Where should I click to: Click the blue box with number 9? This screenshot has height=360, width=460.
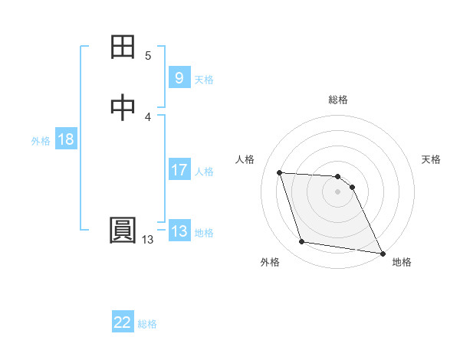click(179, 77)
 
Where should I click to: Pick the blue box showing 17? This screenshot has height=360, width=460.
click(179, 170)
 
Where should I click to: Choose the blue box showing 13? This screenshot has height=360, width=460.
click(179, 231)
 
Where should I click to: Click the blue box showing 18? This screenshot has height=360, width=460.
click(65, 139)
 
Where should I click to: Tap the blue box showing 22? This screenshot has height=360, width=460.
click(123, 322)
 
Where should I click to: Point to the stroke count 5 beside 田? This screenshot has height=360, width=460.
click(148, 56)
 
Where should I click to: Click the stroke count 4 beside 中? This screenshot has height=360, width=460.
click(148, 116)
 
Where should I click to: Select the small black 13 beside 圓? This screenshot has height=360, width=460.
click(147, 240)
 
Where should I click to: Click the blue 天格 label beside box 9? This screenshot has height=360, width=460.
click(204, 79)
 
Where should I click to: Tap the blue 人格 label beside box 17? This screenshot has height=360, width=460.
click(204, 172)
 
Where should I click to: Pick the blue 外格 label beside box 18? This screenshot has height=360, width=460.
click(41, 141)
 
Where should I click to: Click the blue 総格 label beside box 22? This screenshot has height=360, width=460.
click(147, 324)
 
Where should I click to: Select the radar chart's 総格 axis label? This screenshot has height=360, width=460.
click(338, 100)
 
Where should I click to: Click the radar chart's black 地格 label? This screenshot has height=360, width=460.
click(402, 262)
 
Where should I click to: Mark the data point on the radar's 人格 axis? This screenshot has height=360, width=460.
click(280, 172)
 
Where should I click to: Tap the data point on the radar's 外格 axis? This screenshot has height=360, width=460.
click(302, 242)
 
